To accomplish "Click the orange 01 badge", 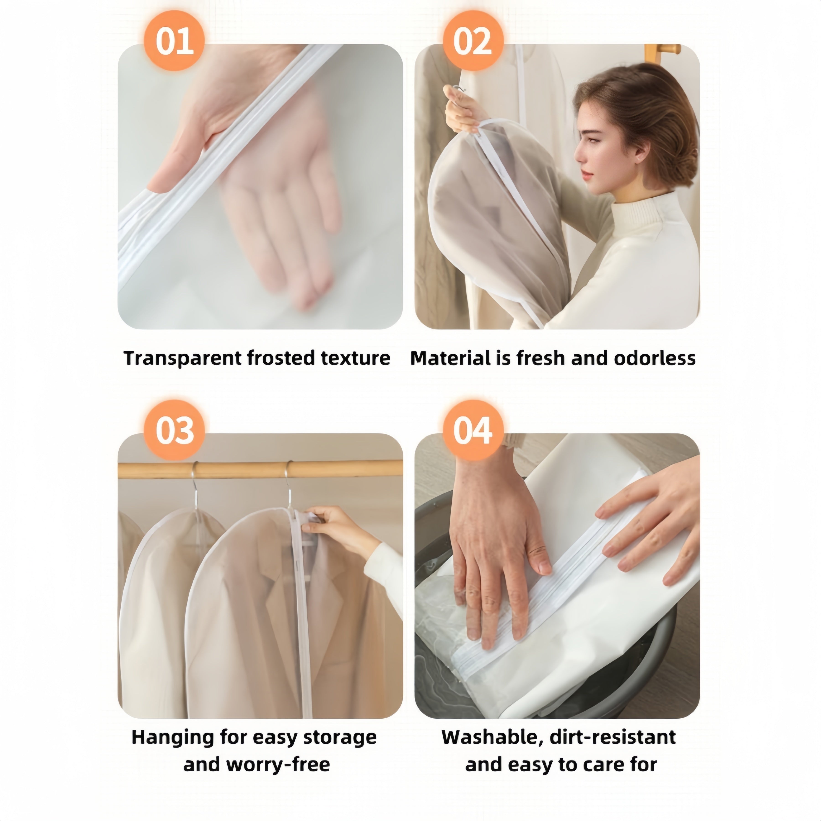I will coord(174,41).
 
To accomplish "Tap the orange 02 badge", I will coord(473,41).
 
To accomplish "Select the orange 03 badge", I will coord(174,430).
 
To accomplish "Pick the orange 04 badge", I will coord(473,430).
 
